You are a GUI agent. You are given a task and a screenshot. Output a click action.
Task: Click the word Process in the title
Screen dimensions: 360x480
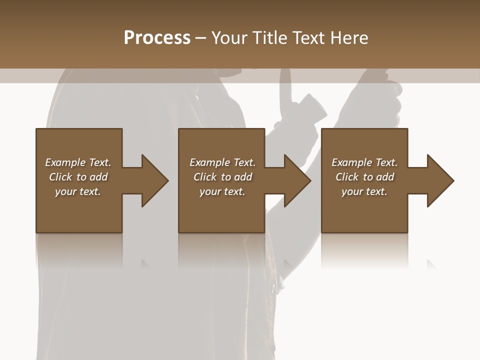pyautogui.click(x=157, y=38)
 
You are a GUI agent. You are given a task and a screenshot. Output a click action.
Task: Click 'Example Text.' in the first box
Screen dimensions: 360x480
pyautogui.click(x=78, y=162)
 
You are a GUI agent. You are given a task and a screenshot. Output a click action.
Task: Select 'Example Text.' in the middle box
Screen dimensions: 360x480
pyautogui.click(x=222, y=162)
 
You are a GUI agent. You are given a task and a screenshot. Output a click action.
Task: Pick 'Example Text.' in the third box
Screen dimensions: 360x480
pyautogui.click(x=364, y=162)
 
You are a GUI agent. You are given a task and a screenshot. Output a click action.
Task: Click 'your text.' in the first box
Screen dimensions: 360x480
pyautogui.click(x=78, y=191)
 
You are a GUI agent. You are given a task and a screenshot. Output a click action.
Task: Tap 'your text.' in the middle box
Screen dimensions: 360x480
pyautogui.click(x=222, y=191)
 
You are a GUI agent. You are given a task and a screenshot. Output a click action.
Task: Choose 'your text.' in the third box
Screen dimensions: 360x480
pyautogui.click(x=364, y=191)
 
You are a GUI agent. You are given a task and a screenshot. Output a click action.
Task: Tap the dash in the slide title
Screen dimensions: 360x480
pyautogui.click(x=200, y=38)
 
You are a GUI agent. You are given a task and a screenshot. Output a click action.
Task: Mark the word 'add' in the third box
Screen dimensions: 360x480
pyautogui.click(x=385, y=177)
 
